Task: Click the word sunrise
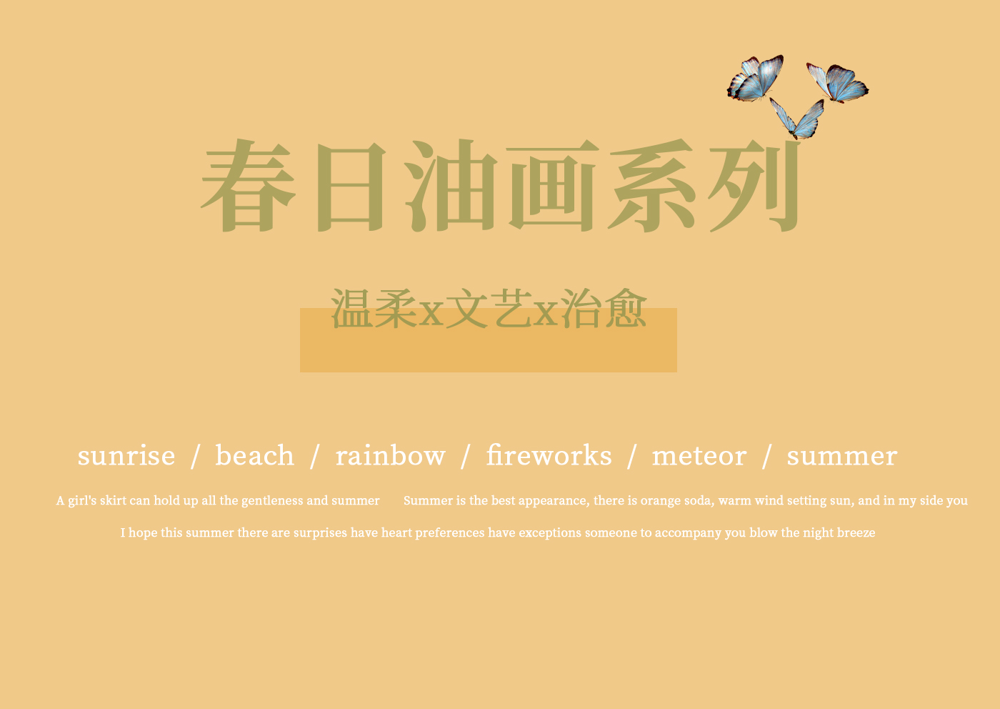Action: click(x=126, y=456)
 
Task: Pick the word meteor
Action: click(x=699, y=456)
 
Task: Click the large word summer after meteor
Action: click(x=841, y=457)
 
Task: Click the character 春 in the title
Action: click(x=249, y=185)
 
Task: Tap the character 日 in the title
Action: click(x=351, y=187)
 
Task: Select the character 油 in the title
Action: click(x=451, y=185)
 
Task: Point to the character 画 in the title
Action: click(x=553, y=186)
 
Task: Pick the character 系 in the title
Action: click(x=651, y=185)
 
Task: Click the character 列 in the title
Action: click(x=754, y=185)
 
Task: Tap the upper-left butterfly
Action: click(x=756, y=79)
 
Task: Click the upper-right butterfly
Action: click(x=838, y=83)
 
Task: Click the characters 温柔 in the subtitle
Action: click(x=374, y=309)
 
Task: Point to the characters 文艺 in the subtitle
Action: click(x=489, y=309)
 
